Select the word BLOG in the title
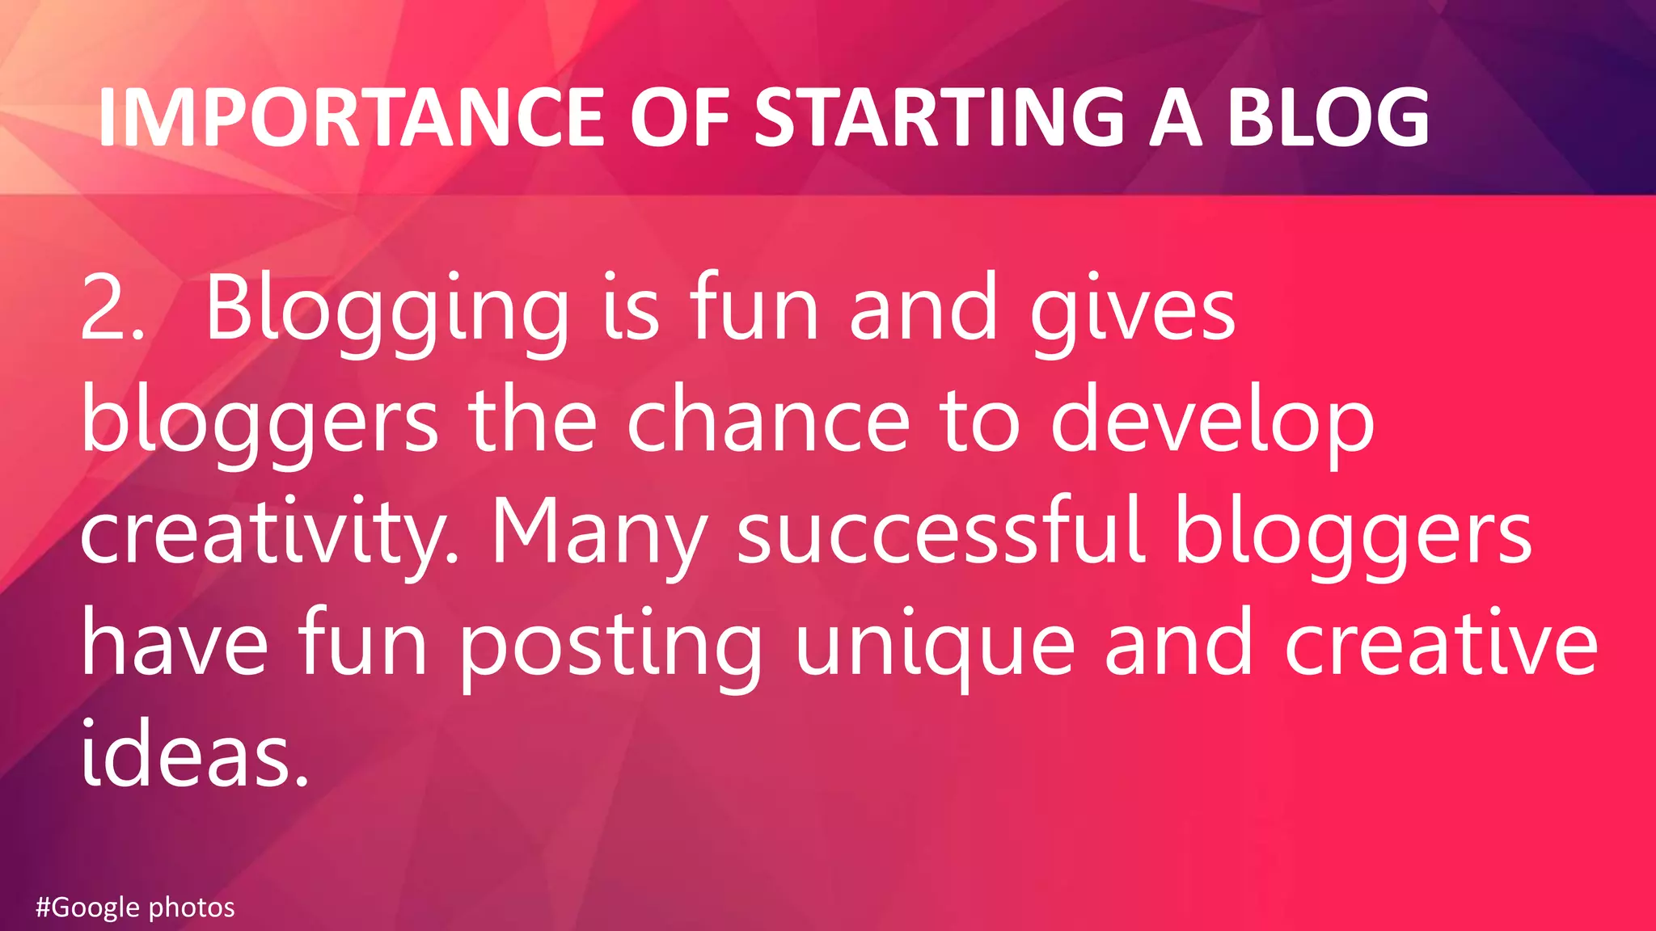click(x=1329, y=118)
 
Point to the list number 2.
click(x=112, y=309)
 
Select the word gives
click(x=1132, y=312)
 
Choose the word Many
click(x=599, y=535)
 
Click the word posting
click(x=611, y=647)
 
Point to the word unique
click(x=935, y=647)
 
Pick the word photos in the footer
click(x=192, y=908)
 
